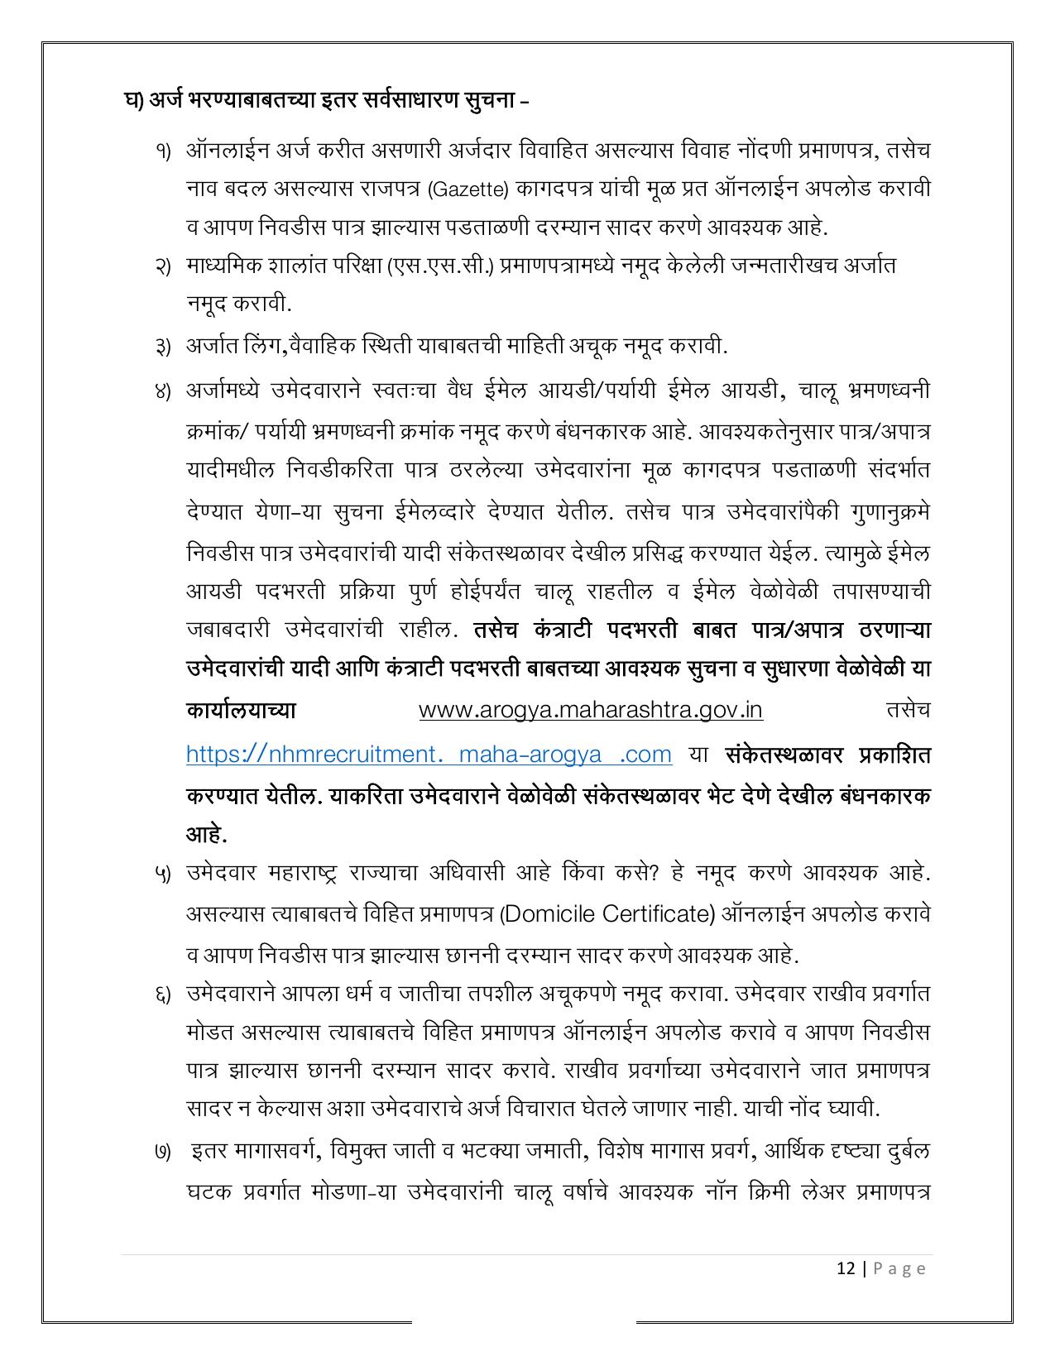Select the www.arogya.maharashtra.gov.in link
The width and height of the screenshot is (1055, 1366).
pos(590,710)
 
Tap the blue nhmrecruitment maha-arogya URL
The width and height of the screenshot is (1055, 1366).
pos(428,754)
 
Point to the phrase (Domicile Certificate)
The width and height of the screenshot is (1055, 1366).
pos(608,914)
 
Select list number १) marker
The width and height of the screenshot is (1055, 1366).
pos(161,151)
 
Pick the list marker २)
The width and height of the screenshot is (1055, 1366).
pos(161,266)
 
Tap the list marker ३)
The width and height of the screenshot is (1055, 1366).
pos(161,346)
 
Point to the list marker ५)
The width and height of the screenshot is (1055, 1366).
pos(161,874)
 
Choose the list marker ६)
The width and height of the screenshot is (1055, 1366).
pos(161,994)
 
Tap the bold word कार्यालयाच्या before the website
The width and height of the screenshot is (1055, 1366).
pos(241,711)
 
